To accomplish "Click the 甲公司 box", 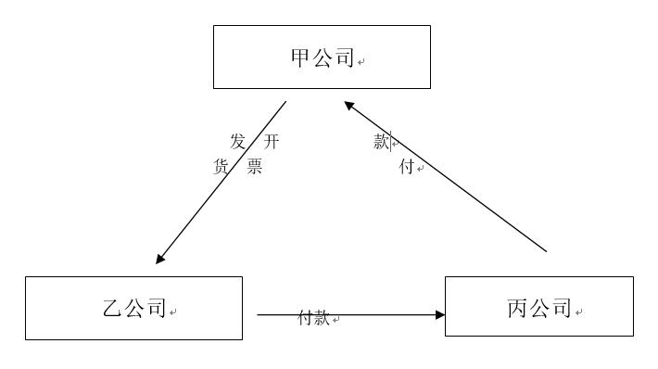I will click(x=322, y=57).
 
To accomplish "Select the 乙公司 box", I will click(x=133, y=308).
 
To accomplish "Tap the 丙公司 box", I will click(x=538, y=306).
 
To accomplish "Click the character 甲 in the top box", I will click(x=300, y=58).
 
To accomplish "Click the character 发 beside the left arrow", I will click(x=238, y=141).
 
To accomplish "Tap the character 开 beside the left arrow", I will click(x=271, y=141).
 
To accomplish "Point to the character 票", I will click(x=254, y=168).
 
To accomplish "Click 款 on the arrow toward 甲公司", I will click(x=382, y=142).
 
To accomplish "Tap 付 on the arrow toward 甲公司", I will click(x=406, y=168).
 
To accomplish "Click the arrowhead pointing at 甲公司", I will click(x=348, y=105).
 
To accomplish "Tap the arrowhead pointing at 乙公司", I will click(x=160, y=259).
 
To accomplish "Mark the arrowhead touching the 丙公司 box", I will click(x=440, y=315).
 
